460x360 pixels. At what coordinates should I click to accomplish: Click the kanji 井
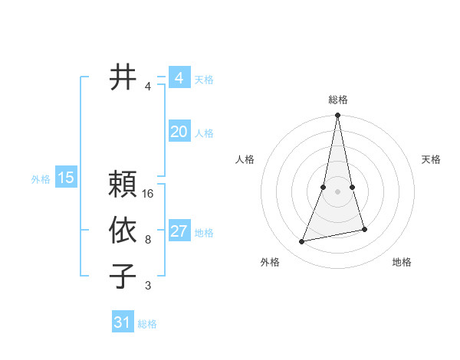(x=123, y=77)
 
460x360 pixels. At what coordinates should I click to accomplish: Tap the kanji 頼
(x=123, y=185)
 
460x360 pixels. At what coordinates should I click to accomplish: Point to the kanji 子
(x=123, y=277)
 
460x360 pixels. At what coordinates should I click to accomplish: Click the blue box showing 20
(x=179, y=132)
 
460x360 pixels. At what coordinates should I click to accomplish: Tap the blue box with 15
(x=66, y=178)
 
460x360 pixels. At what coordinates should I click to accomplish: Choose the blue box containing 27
(x=179, y=231)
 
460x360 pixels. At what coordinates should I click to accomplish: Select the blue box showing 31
(x=123, y=322)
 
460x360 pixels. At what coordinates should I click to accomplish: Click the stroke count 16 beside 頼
(x=149, y=194)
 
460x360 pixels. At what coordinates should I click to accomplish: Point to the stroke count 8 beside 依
(x=148, y=240)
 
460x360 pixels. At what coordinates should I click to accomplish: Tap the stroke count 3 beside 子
(x=148, y=286)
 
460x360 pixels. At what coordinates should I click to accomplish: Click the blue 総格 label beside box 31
(x=147, y=324)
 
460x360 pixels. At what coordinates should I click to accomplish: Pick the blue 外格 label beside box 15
(x=41, y=179)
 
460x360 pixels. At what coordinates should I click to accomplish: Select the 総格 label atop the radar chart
(x=338, y=100)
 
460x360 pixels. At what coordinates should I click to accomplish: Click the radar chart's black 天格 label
(x=431, y=159)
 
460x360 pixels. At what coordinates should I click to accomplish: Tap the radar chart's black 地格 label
(x=402, y=262)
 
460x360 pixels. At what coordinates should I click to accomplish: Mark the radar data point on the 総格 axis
(x=337, y=116)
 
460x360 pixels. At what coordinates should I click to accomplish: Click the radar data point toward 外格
(x=302, y=241)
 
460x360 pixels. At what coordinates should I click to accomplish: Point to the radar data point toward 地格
(x=364, y=229)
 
